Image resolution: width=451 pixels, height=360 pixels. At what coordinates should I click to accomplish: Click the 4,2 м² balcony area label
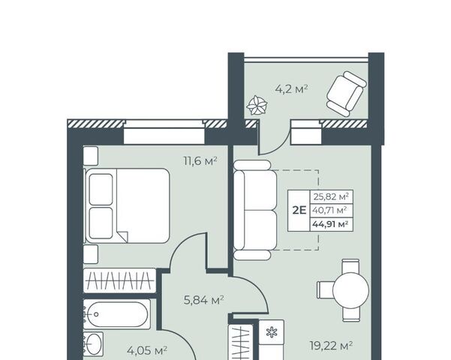click(x=292, y=88)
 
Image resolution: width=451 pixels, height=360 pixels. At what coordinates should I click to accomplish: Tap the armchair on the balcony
click(x=346, y=94)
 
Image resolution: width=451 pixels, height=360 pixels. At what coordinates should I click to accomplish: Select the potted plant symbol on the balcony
click(x=257, y=105)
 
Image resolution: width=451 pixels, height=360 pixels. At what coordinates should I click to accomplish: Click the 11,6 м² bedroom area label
click(x=200, y=160)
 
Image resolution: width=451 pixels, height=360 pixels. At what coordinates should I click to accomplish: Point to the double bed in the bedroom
click(x=127, y=205)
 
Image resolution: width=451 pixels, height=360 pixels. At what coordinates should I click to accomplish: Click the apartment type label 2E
click(x=299, y=211)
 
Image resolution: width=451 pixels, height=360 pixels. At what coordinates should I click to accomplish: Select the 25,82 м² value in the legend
click(x=331, y=197)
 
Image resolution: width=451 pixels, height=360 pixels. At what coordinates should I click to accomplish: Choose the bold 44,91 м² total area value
click(x=331, y=224)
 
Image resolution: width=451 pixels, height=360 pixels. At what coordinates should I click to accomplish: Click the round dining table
click(x=350, y=290)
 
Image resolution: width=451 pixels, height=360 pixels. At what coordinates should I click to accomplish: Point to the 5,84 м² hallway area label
click(x=203, y=301)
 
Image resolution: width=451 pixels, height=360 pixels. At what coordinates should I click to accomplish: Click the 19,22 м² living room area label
click(x=331, y=345)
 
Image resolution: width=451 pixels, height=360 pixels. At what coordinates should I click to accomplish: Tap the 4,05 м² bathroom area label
click(x=147, y=351)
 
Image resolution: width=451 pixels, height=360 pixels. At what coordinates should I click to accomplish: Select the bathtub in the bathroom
click(x=117, y=314)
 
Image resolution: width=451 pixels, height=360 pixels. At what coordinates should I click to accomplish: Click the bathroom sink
click(x=94, y=344)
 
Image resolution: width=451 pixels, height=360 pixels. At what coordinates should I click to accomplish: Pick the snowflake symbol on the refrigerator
click(x=271, y=333)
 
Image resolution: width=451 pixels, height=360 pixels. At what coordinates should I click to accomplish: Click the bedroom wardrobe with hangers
click(x=119, y=280)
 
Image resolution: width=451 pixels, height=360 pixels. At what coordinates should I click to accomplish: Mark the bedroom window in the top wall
click(x=164, y=132)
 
